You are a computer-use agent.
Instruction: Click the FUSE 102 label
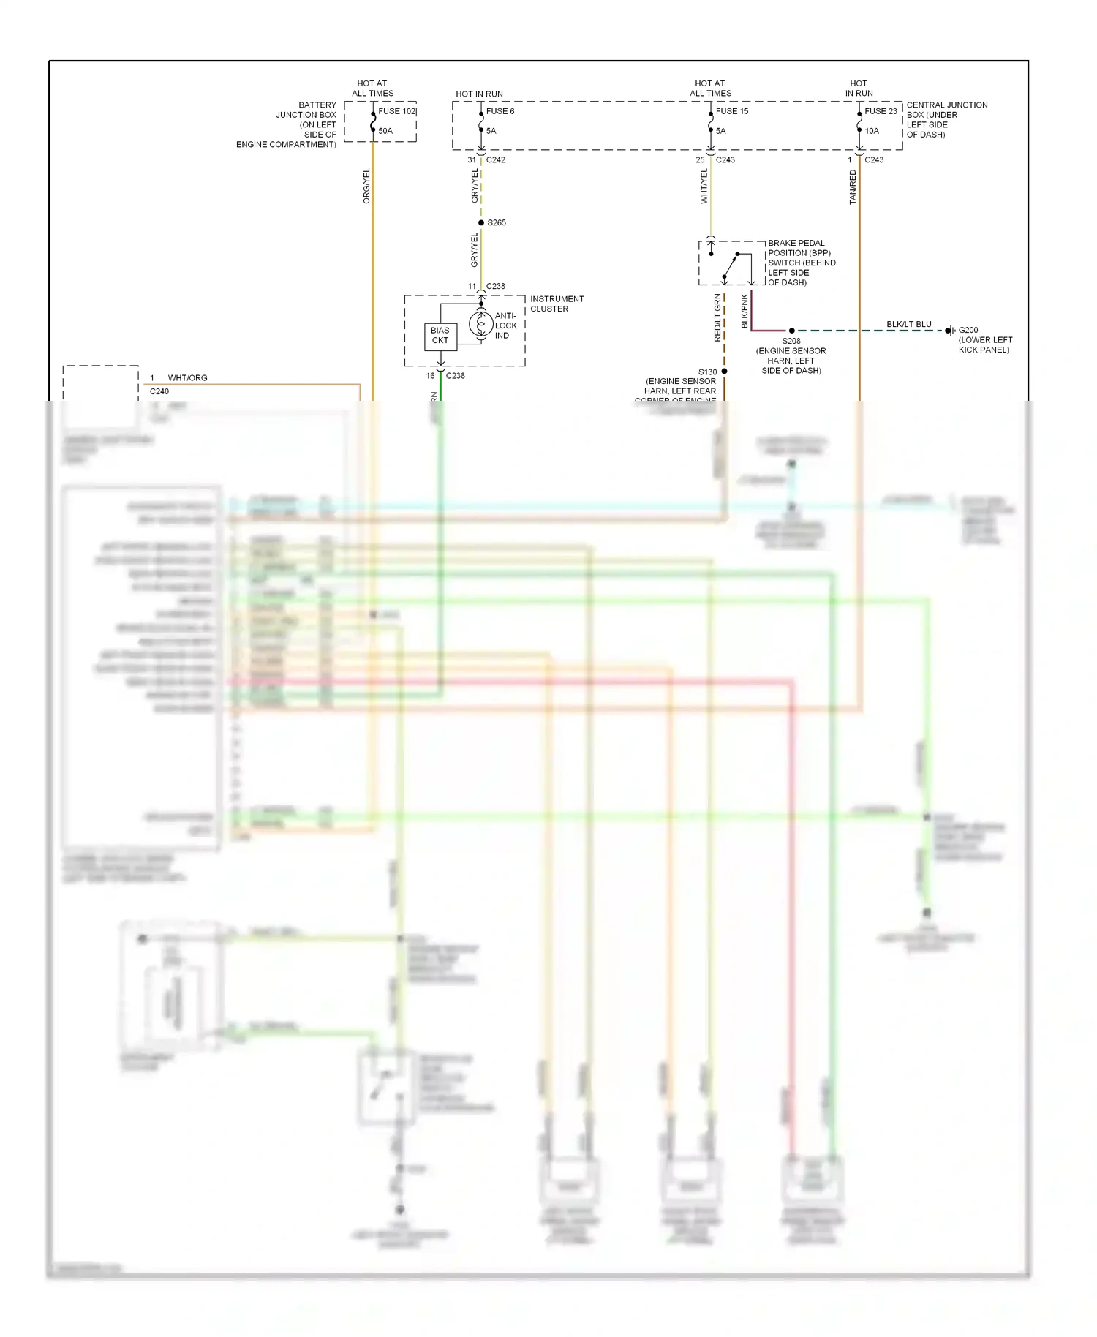[397, 111]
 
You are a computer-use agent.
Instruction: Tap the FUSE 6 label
[500, 111]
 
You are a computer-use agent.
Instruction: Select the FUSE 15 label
[732, 111]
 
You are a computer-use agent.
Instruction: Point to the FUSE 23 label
[881, 111]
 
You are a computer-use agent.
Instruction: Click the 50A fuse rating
[385, 131]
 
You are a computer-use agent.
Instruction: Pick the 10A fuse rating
[872, 131]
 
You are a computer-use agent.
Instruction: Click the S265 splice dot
[481, 222]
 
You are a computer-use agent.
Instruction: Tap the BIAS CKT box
[440, 336]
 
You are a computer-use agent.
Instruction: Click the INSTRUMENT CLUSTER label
[557, 304]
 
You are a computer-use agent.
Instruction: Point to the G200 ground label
[968, 330]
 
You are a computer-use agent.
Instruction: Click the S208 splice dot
[791, 331]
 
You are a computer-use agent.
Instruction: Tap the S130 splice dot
[724, 372]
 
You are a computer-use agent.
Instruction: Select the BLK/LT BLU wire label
[909, 324]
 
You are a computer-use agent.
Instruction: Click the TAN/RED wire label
[853, 187]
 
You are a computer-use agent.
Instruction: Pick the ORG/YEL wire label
[366, 186]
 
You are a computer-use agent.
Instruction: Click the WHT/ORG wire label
[187, 378]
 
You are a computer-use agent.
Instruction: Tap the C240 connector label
[159, 391]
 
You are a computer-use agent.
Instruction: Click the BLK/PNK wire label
[744, 311]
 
